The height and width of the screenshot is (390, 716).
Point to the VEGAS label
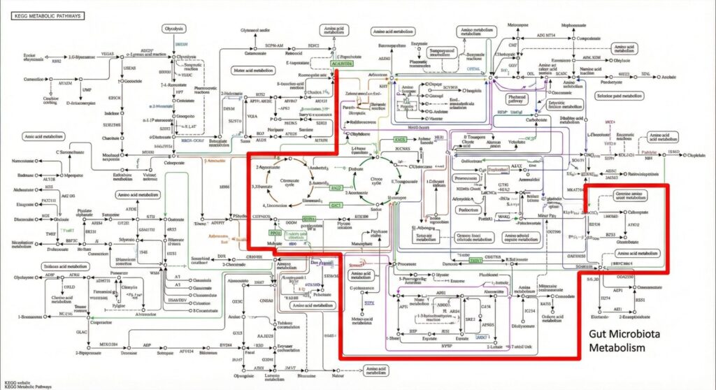[108, 53]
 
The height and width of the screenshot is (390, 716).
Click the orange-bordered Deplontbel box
[498, 168]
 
